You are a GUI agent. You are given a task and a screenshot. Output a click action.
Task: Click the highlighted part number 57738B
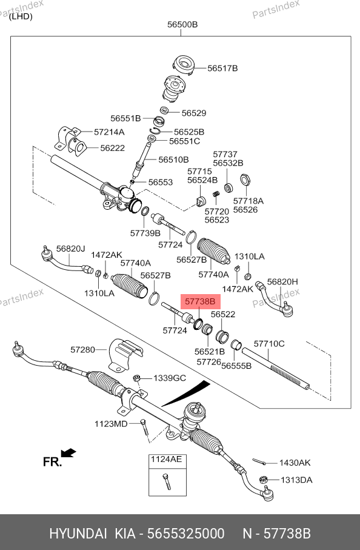pyautogui.click(x=200, y=301)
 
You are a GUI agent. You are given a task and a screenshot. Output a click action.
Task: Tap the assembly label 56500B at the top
pyautogui.click(x=182, y=24)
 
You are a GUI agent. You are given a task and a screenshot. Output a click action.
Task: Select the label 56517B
pyautogui.click(x=222, y=68)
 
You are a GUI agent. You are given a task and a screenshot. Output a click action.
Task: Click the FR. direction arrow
pyautogui.click(x=68, y=453)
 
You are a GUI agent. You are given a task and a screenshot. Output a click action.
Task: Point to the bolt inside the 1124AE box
pyautogui.click(x=166, y=481)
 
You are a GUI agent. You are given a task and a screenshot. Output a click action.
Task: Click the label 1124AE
pyautogui.click(x=166, y=459)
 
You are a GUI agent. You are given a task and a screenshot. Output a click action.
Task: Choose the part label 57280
pyautogui.click(x=82, y=349)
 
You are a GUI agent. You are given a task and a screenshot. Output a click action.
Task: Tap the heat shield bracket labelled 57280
pyautogui.click(x=125, y=354)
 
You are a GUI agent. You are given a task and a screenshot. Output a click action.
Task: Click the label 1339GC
pyautogui.click(x=170, y=378)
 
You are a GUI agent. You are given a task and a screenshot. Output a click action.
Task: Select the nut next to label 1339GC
pyautogui.click(x=137, y=378)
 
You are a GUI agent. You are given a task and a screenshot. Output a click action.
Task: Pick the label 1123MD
pyautogui.click(x=111, y=424)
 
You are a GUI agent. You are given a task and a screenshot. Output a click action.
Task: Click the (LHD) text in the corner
pyautogui.click(x=21, y=16)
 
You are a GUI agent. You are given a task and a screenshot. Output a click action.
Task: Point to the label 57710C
pyautogui.click(x=269, y=344)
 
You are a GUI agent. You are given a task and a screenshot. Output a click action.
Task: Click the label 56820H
pyautogui.click(x=282, y=281)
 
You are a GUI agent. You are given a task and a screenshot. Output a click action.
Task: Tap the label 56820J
pyautogui.click(x=70, y=249)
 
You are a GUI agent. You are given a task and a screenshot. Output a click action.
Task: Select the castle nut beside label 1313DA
pyautogui.click(x=264, y=480)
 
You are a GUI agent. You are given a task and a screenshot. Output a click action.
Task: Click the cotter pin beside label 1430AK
pyautogui.click(x=259, y=461)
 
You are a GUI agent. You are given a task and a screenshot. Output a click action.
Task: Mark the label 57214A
pyautogui.click(x=109, y=132)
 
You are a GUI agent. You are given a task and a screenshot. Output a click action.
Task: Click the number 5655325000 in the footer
pyautogui.click(x=186, y=534)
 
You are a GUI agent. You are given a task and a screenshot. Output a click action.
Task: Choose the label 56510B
pyautogui.click(x=173, y=159)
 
